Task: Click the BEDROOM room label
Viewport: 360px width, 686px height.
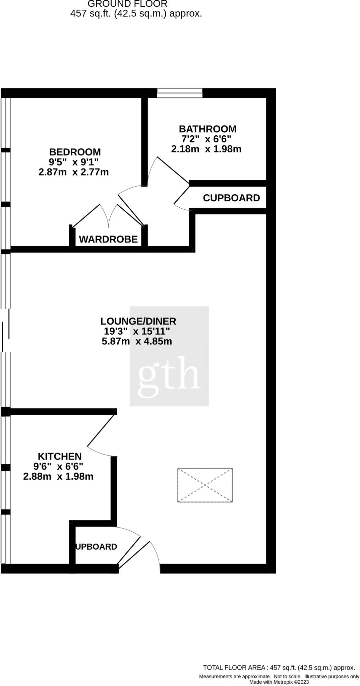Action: tap(75, 152)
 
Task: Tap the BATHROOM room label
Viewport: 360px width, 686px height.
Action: tap(207, 129)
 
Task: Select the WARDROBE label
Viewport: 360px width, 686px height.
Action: tap(108, 239)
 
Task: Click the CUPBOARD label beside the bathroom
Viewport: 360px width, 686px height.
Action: tap(231, 198)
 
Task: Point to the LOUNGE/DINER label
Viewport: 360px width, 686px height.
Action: tap(138, 321)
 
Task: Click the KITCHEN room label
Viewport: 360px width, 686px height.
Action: tap(60, 456)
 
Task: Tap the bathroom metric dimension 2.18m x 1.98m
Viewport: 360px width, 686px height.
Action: tap(206, 149)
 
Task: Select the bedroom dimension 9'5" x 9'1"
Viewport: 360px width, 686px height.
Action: tap(74, 162)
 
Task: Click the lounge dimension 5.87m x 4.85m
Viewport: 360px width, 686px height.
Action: tap(137, 341)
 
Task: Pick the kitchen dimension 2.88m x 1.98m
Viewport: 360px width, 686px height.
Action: tap(58, 476)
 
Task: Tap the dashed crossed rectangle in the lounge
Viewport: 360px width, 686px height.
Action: tap(205, 485)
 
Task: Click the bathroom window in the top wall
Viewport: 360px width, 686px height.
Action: tap(180, 93)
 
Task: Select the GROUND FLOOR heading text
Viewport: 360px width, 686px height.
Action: tap(127, 4)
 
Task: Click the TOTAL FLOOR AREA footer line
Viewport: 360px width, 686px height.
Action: tap(279, 668)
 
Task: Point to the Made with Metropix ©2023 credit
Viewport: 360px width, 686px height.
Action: tap(279, 682)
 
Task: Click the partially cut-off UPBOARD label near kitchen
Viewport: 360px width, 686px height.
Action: tap(97, 547)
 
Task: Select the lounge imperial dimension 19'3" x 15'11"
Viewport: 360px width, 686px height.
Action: tap(137, 331)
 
